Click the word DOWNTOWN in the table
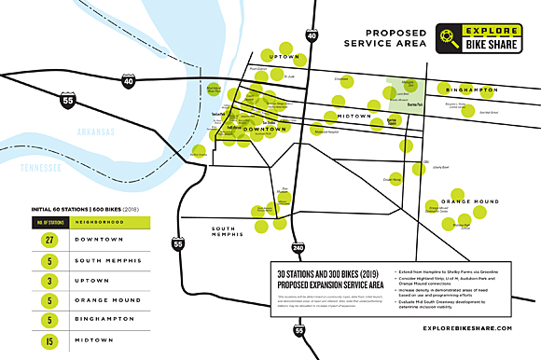pyautogui.click(x=90, y=240)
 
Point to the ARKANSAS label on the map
pyautogui.click(x=97, y=132)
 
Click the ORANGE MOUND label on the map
pyautogui.click(x=470, y=201)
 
